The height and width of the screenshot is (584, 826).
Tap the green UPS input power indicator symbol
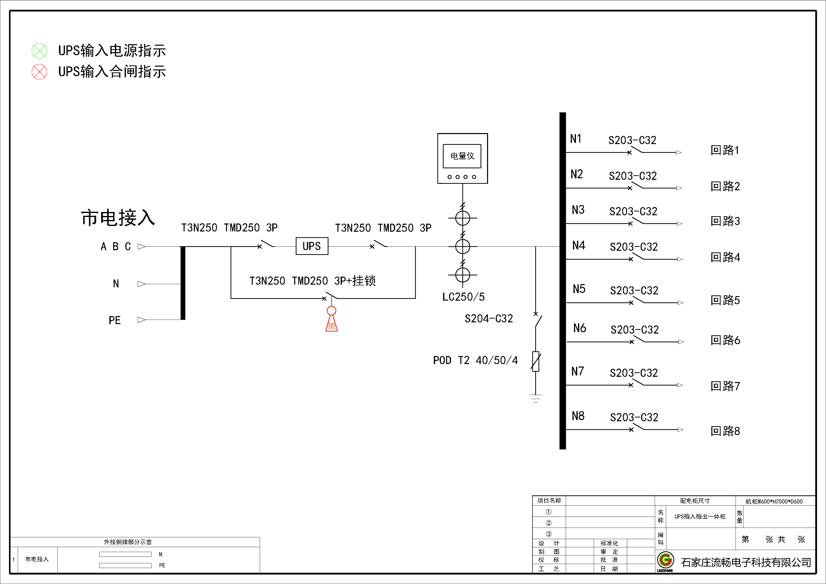pyautogui.click(x=39, y=51)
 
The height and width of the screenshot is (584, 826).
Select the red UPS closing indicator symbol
pyautogui.click(x=39, y=72)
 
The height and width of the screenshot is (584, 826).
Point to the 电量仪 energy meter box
pyautogui.click(x=462, y=158)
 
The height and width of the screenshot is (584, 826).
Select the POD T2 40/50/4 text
pyautogui.click(x=475, y=360)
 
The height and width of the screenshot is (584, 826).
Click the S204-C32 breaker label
pyautogui.click(x=489, y=318)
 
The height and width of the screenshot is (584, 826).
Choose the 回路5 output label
pyautogui.click(x=725, y=300)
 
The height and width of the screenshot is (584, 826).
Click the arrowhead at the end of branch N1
pyautogui.click(x=678, y=153)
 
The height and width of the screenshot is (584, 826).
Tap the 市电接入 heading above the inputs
pyautogui.click(x=118, y=218)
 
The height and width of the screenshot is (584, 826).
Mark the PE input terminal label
pyautogui.click(x=114, y=320)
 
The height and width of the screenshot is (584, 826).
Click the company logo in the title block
pyautogui.click(x=665, y=560)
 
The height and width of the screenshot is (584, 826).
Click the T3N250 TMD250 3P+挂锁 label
pyautogui.click(x=312, y=280)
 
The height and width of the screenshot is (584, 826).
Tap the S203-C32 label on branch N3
pyautogui.click(x=633, y=211)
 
